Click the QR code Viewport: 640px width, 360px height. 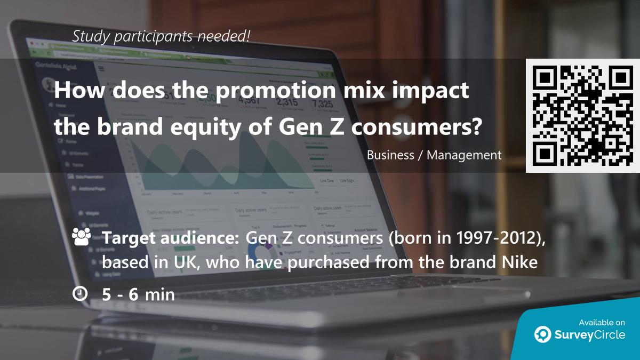pos(582,116)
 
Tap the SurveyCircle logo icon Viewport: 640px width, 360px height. pos(543,334)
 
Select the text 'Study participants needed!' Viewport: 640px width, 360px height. pos(161,36)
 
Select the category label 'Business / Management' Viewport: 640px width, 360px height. pos(434,155)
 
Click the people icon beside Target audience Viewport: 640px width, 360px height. pos(81,237)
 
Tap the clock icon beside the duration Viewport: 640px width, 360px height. pos(80,293)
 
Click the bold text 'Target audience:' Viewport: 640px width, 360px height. pos(171,239)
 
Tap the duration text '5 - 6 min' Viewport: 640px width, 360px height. pos(139,294)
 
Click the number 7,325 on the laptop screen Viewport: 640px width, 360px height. pos(323,103)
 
